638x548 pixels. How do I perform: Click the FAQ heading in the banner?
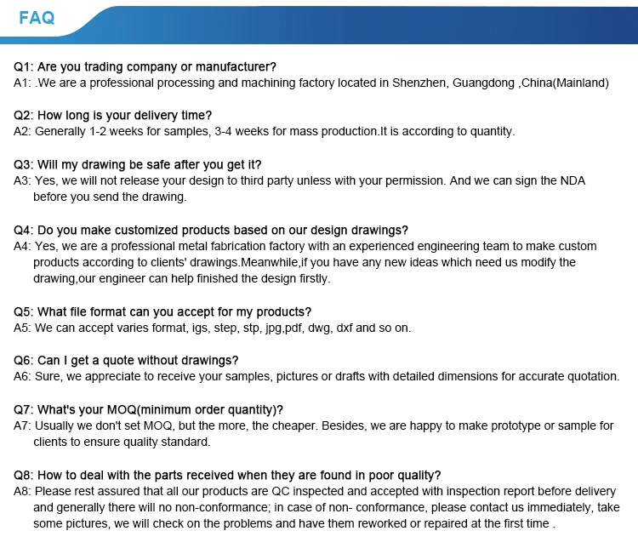[x=37, y=18]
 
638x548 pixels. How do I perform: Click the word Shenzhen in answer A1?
[x=419, y=83]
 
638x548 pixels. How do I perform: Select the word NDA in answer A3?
[x=572, y=181]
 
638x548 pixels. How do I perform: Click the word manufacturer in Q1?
[x=232, y=67]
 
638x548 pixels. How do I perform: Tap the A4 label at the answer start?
[x=23, y=246]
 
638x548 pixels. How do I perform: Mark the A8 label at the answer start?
[x=23, y=492]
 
